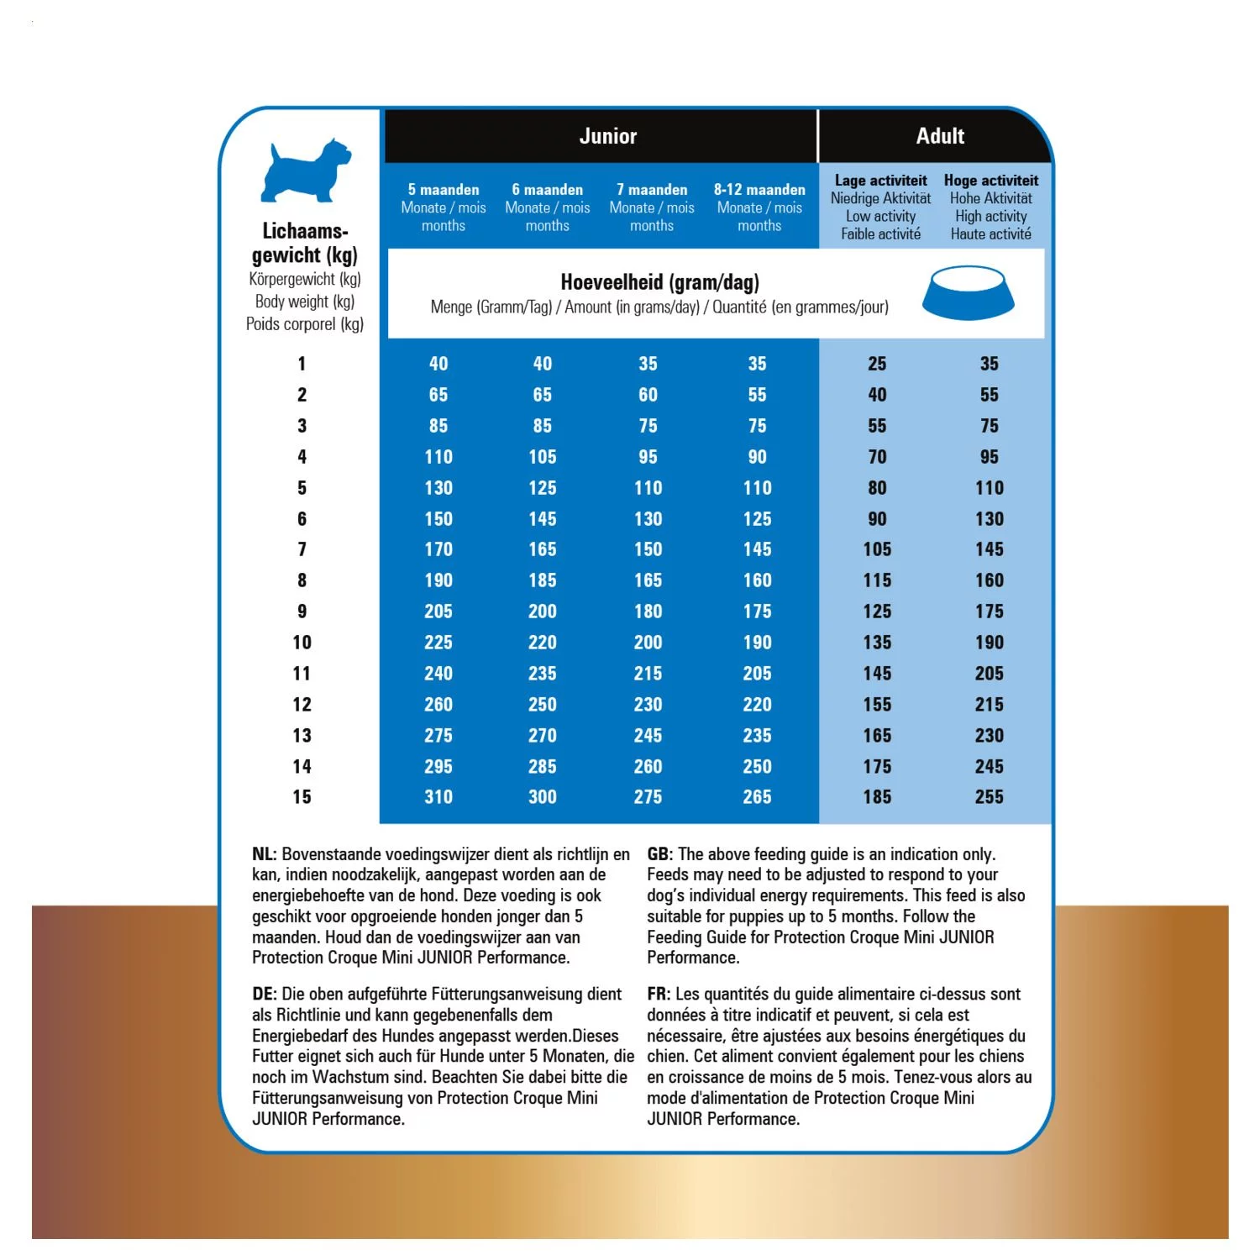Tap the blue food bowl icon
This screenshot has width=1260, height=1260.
(x=968, y=293)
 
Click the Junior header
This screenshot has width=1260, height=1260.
(x=607, y=136)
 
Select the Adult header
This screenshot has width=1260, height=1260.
(x=940, y=136)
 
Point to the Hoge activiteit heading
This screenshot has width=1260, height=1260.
(x=991, y=181)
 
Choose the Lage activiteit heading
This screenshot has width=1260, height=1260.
(x=880, y=181)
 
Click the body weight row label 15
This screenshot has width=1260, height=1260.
(x=302, y=797)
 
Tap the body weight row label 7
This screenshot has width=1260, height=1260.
(x=302, y=549)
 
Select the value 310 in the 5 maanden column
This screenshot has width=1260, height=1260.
(x=438, y=797)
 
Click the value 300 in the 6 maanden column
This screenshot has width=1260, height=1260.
(x=543, y=797)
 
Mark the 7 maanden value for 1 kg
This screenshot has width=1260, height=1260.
(x=648, y=364)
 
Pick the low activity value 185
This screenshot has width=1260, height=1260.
(x=877, y=797)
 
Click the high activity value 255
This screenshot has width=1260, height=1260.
(x=990, y=797)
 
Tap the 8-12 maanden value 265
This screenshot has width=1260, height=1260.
(x=757, y=797)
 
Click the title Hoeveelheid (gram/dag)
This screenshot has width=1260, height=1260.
(x=659, y=282)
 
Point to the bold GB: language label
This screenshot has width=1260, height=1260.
(x=659, y=854)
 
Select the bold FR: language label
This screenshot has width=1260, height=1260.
(x=659, y=995)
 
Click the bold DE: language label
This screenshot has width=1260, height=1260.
(x=264, y=995)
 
